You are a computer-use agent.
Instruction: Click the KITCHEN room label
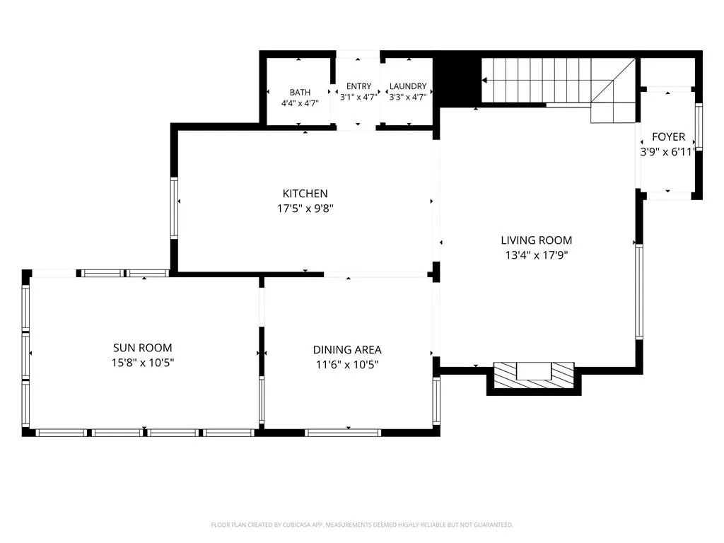[x=305, y=194]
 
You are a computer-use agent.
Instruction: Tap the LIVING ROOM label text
[x=537, y=240]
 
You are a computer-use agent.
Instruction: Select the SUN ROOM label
[x=143, y=348]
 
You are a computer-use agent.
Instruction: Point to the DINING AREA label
[x=347, y=349]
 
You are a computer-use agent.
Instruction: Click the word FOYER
[x=668, y=136]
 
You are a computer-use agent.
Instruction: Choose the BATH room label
[x=300, y=93]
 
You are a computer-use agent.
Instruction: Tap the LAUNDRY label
[x=408, y=86]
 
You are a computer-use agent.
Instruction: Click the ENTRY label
[x=358, y=86]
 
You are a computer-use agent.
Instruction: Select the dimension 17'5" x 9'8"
[x=305, y=209]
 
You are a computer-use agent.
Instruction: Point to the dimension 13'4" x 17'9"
[x=537, y=255]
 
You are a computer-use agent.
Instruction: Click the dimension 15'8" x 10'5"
[x=143, y=363]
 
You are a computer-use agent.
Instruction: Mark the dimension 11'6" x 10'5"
[x=347, y=364]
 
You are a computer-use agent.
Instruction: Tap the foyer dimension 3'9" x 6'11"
[x=667, y=151]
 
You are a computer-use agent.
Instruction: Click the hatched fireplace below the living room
[x=534, y=375]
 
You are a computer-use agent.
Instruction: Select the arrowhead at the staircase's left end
[x=484, y=81]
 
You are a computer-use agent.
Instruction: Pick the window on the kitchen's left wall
[x=174, y=208]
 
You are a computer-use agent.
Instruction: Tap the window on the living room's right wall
[x=639, y=291]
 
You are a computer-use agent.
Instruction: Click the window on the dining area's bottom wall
[x=343, y=433]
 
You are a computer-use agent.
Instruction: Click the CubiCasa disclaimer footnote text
[x=362, y=525]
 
